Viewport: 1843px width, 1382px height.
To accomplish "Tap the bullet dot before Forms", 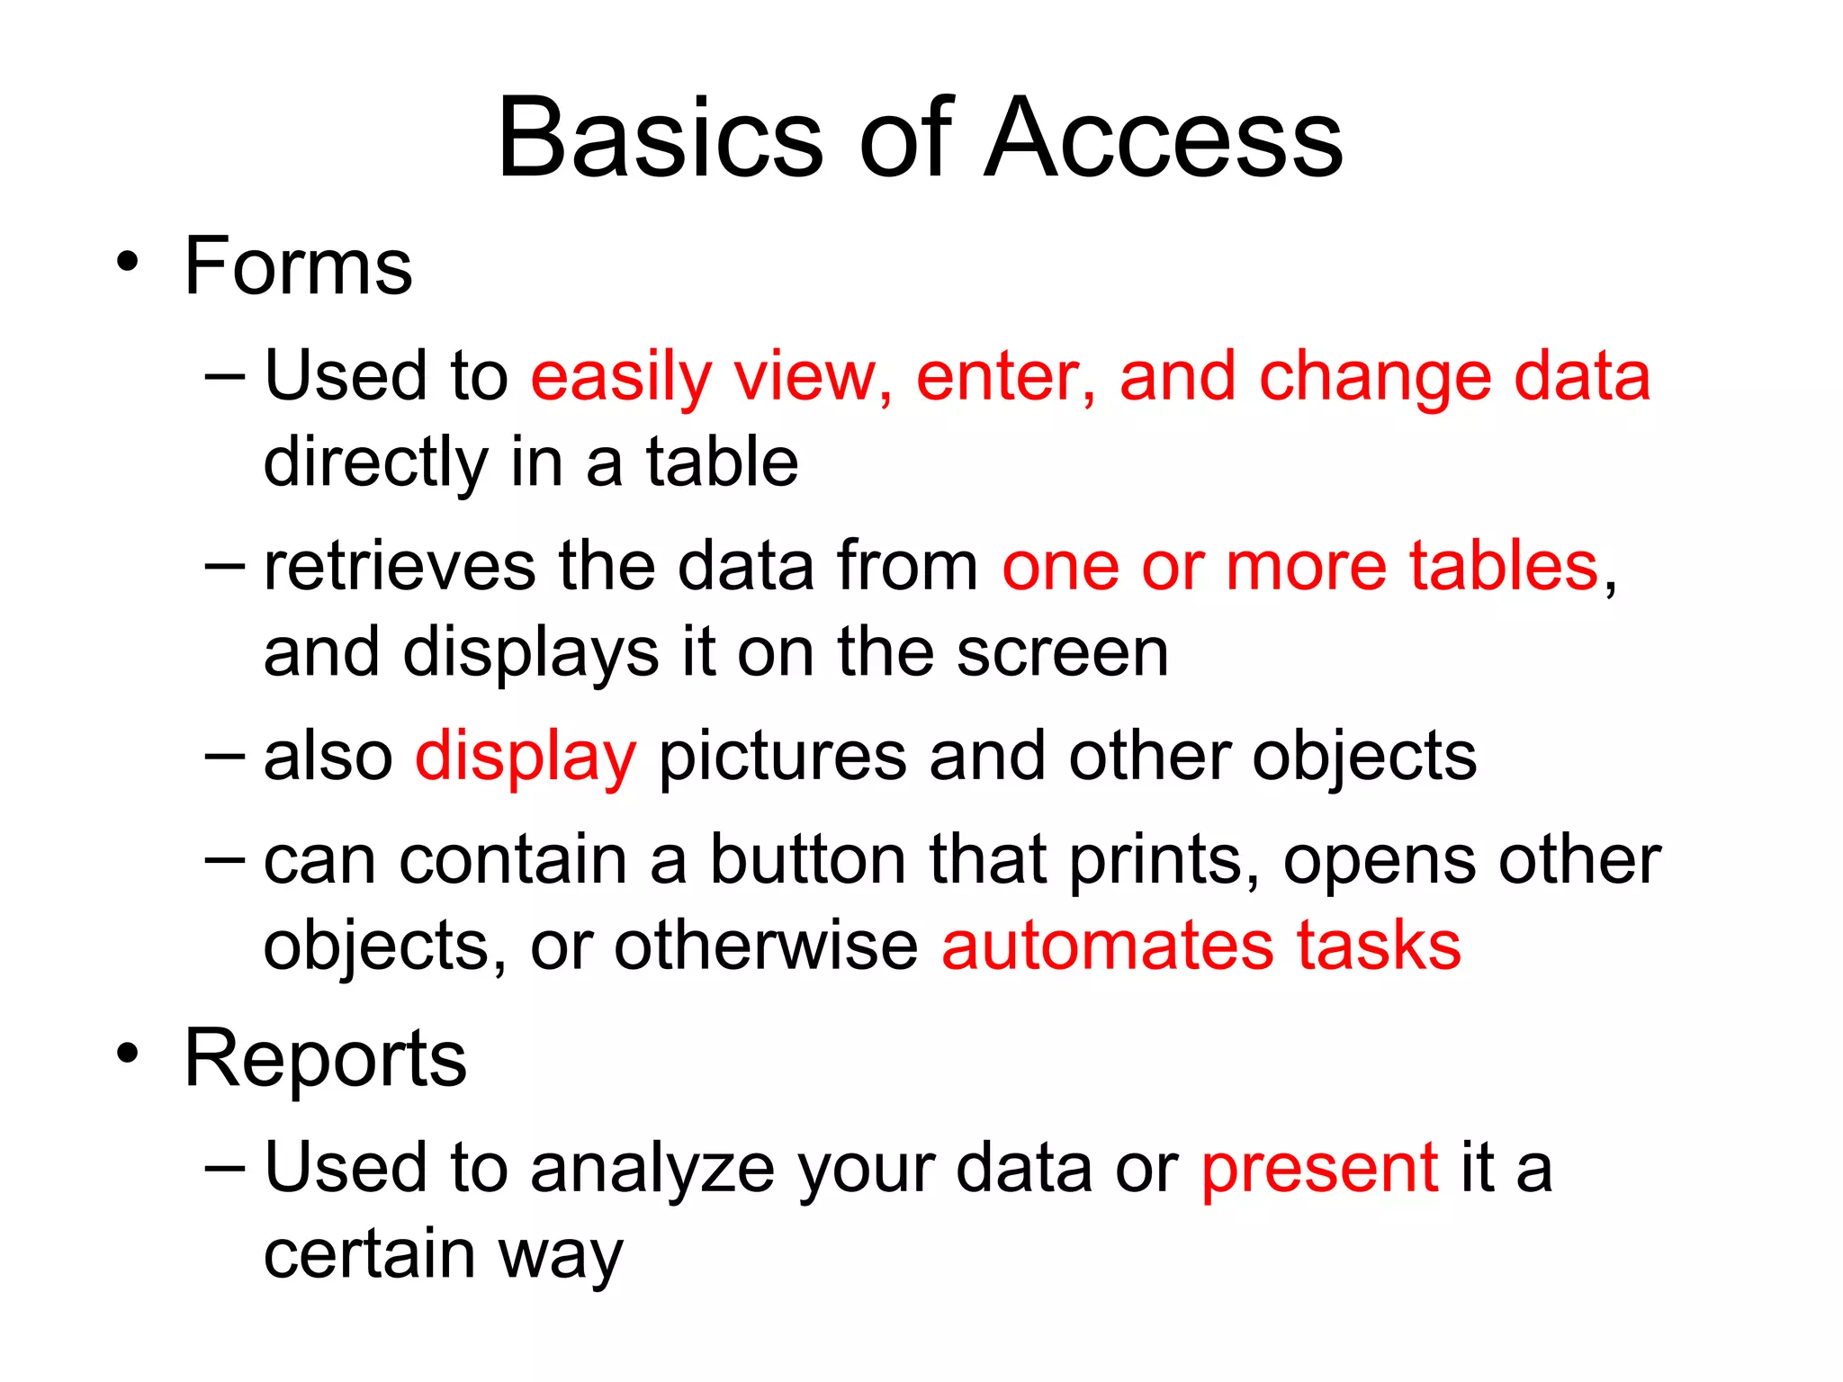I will [x=128, y=262].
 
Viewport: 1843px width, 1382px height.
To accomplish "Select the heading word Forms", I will [x=298, y=266].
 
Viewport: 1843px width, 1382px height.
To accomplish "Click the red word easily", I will [x=621, y=377].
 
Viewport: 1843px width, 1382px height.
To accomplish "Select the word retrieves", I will [x=400, y=566].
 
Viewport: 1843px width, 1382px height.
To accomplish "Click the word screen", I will [x=1062, y=652].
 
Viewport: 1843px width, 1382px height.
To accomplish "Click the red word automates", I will [x=1108, y=947].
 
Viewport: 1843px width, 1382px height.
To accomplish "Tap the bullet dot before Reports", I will [x=128, y=1053].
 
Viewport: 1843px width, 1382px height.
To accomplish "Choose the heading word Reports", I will [x=325, y=1060].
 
